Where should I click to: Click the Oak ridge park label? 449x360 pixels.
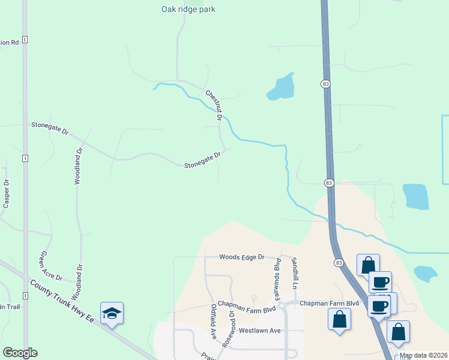point(188,9)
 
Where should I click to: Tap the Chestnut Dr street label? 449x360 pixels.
point(214,106)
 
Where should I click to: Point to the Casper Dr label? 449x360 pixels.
point(6,194)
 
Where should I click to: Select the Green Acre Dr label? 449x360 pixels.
point(51,266)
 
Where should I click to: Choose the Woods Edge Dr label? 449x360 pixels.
point(241,257)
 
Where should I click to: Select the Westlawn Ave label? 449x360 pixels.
point(259,331)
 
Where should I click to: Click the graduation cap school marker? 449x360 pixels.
point(112,314)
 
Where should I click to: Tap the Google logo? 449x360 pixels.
point(20,353)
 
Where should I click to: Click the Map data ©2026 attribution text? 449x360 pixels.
point(423,355)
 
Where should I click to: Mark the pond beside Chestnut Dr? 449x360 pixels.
point(281,88)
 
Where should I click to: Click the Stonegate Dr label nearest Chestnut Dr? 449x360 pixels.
point(202,159)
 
